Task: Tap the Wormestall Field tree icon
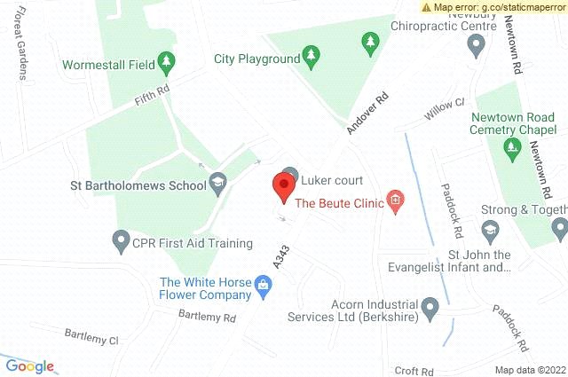coord(165,62)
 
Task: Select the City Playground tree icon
coord(310,58)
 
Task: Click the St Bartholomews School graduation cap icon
coord(217,184)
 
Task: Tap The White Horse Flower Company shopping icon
coord(263,285)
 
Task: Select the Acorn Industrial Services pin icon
coord(430,309)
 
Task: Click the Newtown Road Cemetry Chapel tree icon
coord(510,145)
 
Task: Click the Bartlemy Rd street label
coord(206,316)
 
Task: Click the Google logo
coord(29,365)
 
